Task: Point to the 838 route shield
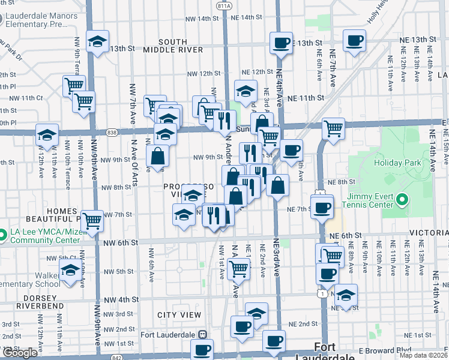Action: tap(113, 133)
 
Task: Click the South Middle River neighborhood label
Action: tap(173, 46)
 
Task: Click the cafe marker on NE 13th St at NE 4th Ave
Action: tap(281, 43)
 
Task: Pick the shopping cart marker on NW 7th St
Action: tap(92, 221)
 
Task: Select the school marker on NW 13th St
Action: tap(97, 42)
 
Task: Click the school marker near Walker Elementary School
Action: tap(70, 271)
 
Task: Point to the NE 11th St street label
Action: tap(306, 98)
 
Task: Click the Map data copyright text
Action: tap(423, 355)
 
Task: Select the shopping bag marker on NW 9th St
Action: tap(157, 157)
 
